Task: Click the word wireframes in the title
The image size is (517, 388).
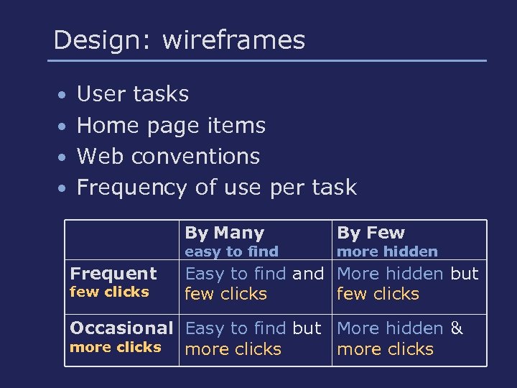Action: pyautogui.click(x=233, y=40)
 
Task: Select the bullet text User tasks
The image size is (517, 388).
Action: pyautogui.click(x=132, y=94)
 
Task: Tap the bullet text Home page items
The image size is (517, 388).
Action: pyautogui.click(x=171, y=126)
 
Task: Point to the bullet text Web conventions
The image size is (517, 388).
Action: pyautogui.click(x=168, y=156)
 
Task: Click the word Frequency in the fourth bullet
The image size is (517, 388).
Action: pyautogui.click(x=132, y=188)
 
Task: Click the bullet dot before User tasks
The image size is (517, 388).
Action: pyautogui.click(x=64, y=96)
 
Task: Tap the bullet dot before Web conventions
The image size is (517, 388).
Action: pyautogui.click(x=64, y=157)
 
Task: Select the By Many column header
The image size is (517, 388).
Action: pyautogui.click(x=225, y=233)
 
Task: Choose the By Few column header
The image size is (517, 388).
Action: pyautogui.click(x=371, y=233)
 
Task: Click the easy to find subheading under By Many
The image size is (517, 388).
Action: pyautogui.click(x=231, y=251)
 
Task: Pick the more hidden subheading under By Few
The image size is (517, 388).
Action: pyautogui.click(x=387, y=251)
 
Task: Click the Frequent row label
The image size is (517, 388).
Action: pyautogui.click(x=113, y=274)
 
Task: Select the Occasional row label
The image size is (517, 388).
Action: pyautogui.click(x=121, y=328)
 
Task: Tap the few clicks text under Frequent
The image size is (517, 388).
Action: pyautogui.click(x=109, y=292)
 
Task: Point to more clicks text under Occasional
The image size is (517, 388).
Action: pyautogui.click(x=115, y=347)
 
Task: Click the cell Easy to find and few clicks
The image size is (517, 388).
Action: pyautogui.click(x=254, y=284)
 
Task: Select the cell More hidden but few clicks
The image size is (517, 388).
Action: pyautogui.click(x=407, y=284)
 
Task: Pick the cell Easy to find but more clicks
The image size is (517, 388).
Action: pyautogui.click(x=253, y=339)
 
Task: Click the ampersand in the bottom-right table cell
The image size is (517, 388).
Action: pyautogui.click(x=457, y=329)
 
